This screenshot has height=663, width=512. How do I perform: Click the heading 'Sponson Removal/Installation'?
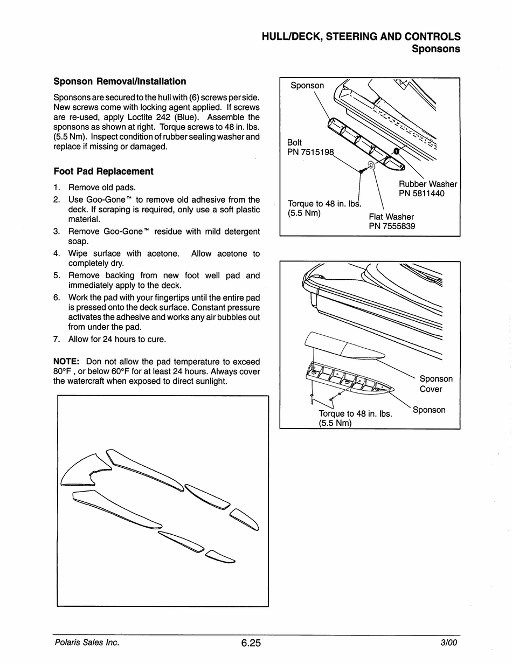pyautogui.click(x=120, y=81)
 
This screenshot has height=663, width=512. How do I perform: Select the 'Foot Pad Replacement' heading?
pyautogui.click(x=103, y=171)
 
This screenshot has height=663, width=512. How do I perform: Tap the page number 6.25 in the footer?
pyautogui.click(x=251, y=643)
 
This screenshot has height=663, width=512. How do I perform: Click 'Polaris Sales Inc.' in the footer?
pyautogui.click(x=86, y=643)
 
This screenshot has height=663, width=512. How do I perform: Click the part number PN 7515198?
pyautogui.click(x=310, y=153)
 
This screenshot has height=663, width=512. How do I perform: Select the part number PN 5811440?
pyautogui.click(x=421, y=194)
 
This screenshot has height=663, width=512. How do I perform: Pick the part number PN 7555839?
pyautogui.click(x=392, y=226)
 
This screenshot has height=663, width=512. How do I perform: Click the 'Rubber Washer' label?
pyautogui.click(x=428, y=184)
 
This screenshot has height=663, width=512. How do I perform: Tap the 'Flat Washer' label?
pyautogui.click(x=391, y=217)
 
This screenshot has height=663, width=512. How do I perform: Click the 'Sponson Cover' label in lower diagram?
pyautogui.click(x=436, y=384)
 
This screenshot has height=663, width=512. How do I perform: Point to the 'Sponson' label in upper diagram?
pyautogui.click(x=307, y=86)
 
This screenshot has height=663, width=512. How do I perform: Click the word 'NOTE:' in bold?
pyautogui.click(x=66, y=362)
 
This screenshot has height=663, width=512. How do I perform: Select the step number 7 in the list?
pyautogui.click(x=56, y=340)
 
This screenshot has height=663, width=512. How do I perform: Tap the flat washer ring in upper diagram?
pyautogui.click(x=372, y=164)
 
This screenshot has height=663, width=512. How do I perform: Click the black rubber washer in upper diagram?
pyautogui.click(x=397, y=151)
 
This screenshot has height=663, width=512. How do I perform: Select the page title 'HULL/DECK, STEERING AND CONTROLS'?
pyautogui.click(x=361, y=37)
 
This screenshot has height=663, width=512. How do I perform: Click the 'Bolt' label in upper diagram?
pyautogui.click(x=295, y=143)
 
